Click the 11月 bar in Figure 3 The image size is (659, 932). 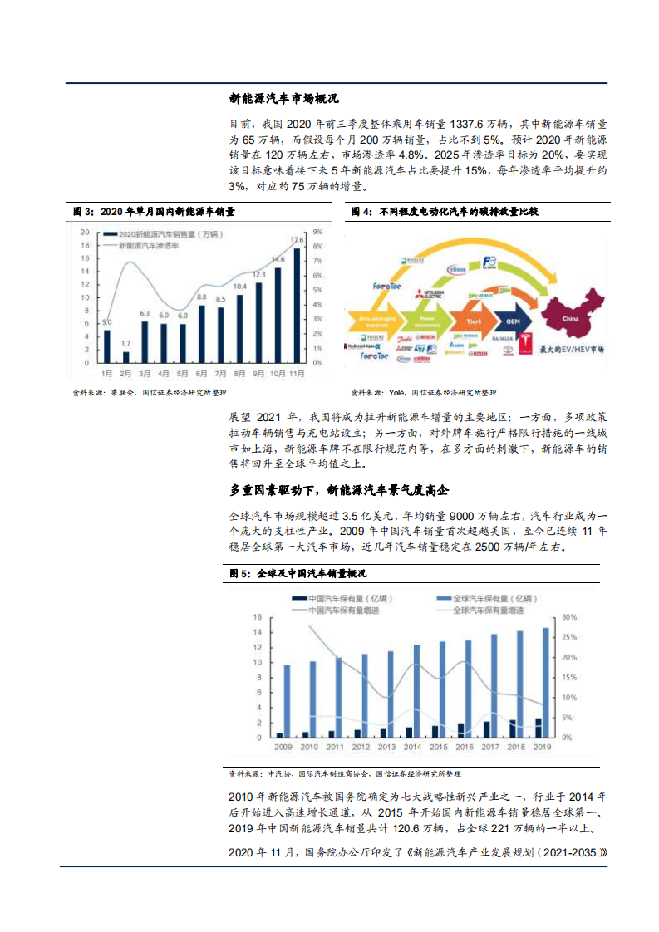[x=297, y=305]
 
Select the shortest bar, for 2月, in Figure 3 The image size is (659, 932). [x=125, y=356]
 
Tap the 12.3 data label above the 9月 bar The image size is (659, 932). [x=258, y=275]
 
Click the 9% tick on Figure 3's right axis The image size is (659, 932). [x=317, y=233]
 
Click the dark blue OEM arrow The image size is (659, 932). [x=512, y=318]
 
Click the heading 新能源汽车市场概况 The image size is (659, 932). [x=283, y=98]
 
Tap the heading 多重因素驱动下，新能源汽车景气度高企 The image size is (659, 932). [x=366, y=489]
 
